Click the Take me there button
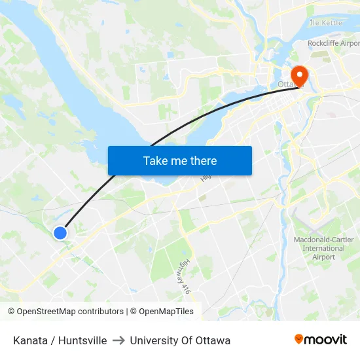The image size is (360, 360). pyautogui.click(x=180, y=160)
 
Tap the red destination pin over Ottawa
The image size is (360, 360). pyautogui.click(x=299, y=75)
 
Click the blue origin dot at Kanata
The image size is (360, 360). pyautogui.click(x=60, y=232)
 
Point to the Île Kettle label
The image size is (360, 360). pyautogui.click(x=326, y=23)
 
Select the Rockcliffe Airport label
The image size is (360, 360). pyautogui.click(x=333, y=44)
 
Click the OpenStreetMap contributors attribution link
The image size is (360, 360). pyautogui.click(x=65, y=312)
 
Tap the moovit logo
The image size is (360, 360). pyautogui.click(x=320, y=340)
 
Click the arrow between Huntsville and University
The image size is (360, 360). pyautogui.click(x=118, y=340)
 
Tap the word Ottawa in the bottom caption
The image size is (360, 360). pyautogui.click(x=212, y=340)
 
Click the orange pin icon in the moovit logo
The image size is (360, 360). pyautogui.click(x=298, y=340)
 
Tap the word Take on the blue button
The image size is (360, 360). pyautogui.click(x=154, y=160)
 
